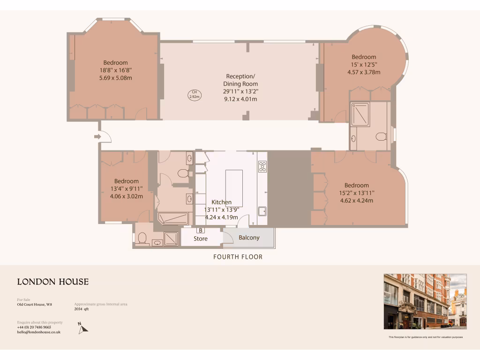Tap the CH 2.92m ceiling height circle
tap(194, 94)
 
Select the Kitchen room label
tap(221, 202)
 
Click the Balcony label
tap(249, 238)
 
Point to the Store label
tap(201, 239)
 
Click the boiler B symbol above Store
tap(201, 230)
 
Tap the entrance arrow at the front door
tap(97, 136)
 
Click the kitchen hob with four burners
tap(262, 166)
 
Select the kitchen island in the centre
tap(234, 185)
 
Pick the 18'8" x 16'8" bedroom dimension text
tap(116, 70)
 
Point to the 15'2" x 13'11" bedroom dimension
tap(357, 193)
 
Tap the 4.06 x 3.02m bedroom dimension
tap(127, 196)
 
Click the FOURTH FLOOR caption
tap(238, 257)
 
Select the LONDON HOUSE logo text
tap(53, 282)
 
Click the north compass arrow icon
tap(82, 328)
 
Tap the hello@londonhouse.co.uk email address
tap(39, 332)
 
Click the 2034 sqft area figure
tap(82, 309)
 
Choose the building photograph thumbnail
tap(425, 301)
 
